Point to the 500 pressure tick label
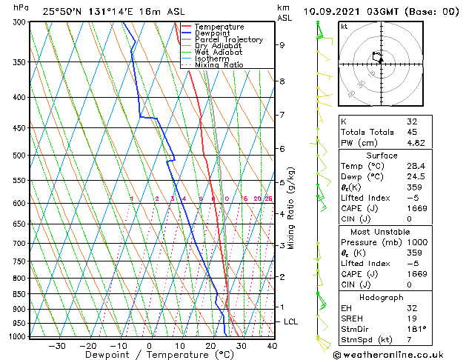click(19, 156)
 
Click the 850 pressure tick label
click(19, 294)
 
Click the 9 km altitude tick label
click(282, 45)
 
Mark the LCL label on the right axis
click(290, 322)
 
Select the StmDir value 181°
click(417, 329)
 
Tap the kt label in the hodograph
click(344, 27)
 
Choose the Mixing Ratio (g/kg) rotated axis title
click(292, 208)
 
